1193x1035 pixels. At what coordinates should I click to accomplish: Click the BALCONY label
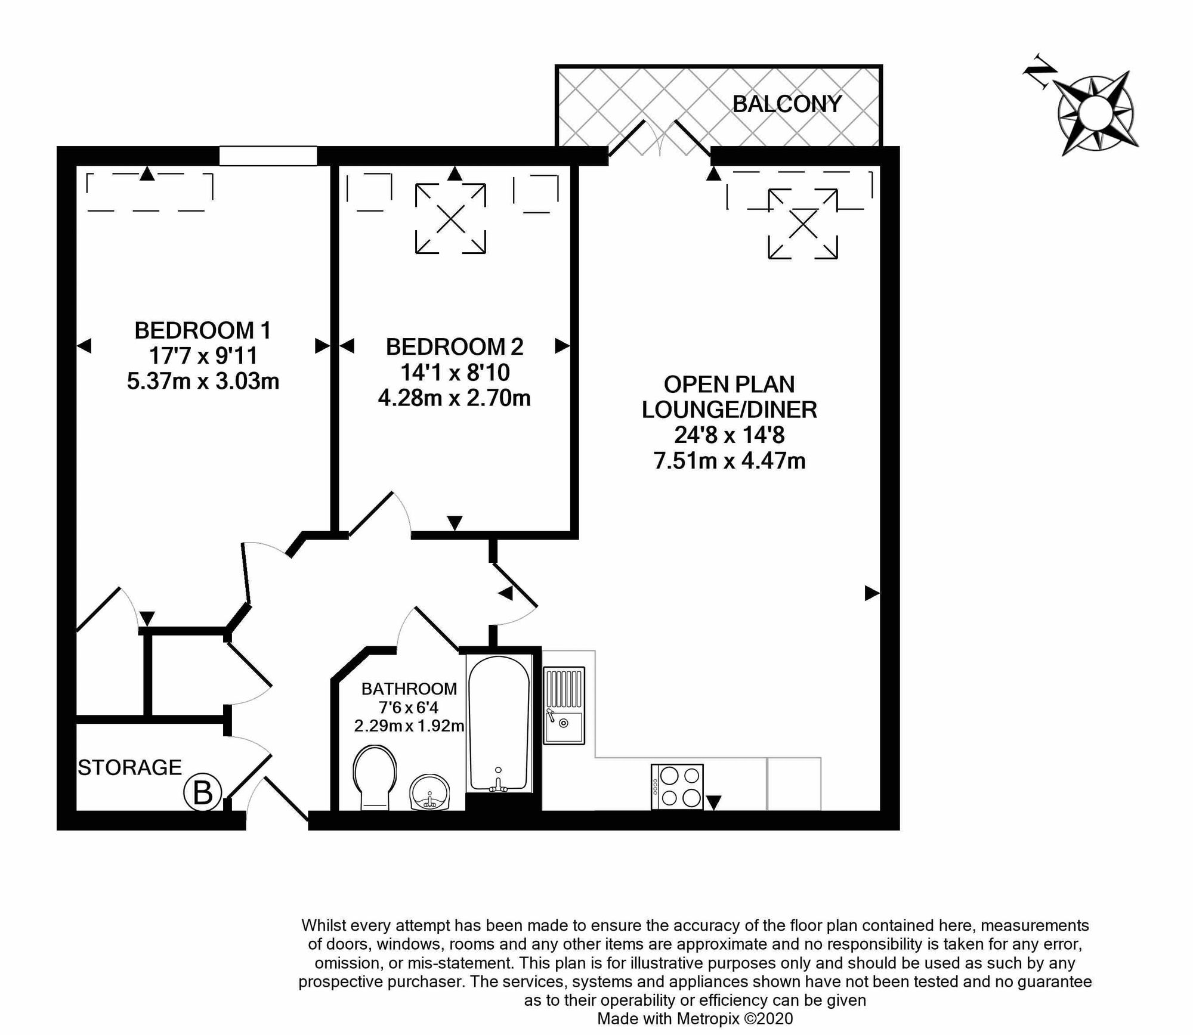pyautogui.click(x=786, y=104)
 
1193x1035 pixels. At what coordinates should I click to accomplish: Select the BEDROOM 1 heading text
pyautogui.click(x=203, y=330)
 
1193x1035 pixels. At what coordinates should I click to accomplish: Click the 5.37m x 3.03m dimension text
pyautogui.click(x=203, y=381)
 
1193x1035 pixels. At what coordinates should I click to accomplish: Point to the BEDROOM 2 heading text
pyautogui.click(x=455, y=346)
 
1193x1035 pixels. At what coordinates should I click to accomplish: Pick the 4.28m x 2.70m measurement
pyautogui.click(x=455, y=398)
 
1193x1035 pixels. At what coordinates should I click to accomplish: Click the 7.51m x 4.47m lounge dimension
pyautogui.click(x=730, y=461)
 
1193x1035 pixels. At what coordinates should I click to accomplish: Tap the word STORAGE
pyautogui.click(x=129, y=767)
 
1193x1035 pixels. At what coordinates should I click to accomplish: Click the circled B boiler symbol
pyautogui.click(x=202, y=794)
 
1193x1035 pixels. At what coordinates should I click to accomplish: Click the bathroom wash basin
pyautogui.click(x=429, y=792)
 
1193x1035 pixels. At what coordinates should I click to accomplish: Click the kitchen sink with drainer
pyautogui.click(x=564, y=705)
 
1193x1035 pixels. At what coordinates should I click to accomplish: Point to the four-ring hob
pyautogui.click(x=678, y=786)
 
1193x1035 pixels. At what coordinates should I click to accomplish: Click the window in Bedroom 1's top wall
pyautogui.click(x=268, y=156)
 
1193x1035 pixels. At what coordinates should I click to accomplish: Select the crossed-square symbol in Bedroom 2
pyautogui.click(x=450, y=219)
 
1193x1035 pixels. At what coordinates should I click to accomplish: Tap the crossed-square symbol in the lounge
pyautogui.click(x=803, y=224)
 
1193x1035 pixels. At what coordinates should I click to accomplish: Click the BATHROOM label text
pyautogui.click(x=409, y=689)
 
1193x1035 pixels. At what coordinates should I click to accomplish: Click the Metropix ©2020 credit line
pyautogui.click(x=695, y=1018)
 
